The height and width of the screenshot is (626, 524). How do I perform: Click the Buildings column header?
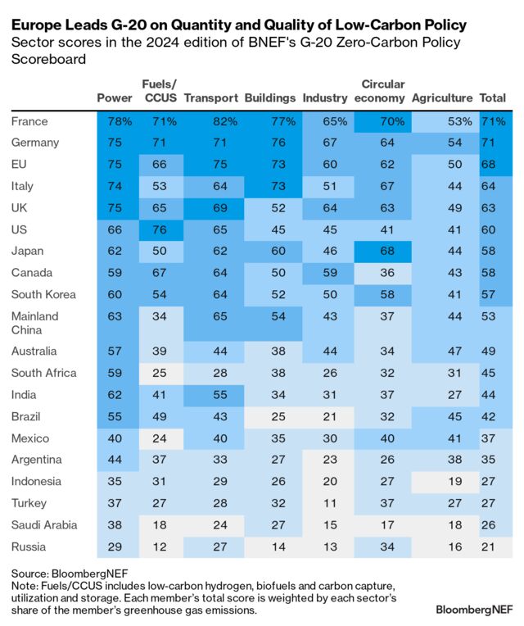tap(269, 98)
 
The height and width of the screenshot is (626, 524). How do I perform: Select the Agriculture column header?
tap(442, 98)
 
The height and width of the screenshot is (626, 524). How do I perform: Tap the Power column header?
tap(114, 98)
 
